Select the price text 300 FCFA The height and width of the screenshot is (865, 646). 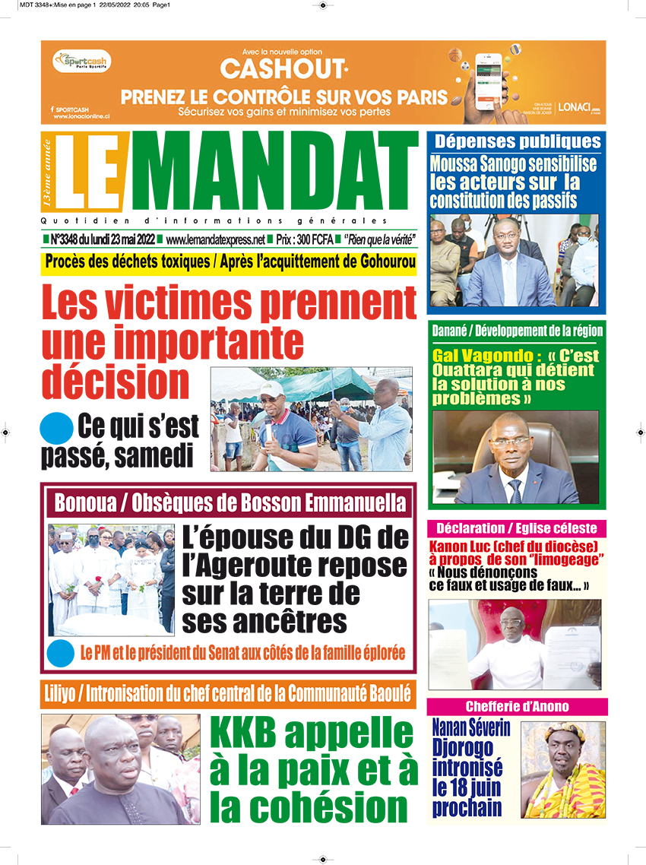[315, 239]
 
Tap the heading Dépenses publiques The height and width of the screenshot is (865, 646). [518, 141]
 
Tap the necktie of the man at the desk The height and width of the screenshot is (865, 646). [516, 490]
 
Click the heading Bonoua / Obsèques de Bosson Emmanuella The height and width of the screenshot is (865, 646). [230, 502]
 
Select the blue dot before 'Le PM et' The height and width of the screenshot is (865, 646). [55, 652]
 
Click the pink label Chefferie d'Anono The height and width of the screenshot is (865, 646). [517, 706]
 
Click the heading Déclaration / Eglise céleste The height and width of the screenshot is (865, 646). [517, 528]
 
